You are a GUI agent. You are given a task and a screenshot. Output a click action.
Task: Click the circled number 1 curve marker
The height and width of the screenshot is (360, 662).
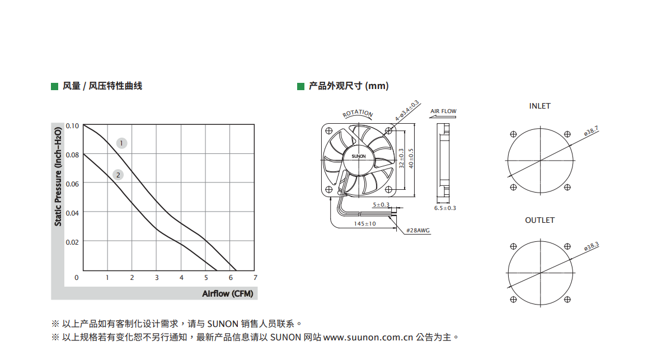coord(121,143)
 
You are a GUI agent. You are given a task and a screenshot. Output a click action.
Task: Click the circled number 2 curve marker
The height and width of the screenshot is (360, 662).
coord(118,175)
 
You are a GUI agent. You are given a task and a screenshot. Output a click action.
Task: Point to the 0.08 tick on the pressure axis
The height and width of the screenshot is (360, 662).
coord(72,155)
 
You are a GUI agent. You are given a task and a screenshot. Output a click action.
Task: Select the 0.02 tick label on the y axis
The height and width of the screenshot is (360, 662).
coord(72,242)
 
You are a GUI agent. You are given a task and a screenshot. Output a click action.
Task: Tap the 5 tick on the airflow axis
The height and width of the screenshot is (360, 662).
coord(206,278)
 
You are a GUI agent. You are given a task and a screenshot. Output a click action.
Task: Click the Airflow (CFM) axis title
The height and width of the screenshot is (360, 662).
coord(228,294)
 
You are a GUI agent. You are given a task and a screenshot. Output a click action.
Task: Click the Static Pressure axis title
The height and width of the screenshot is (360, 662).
coord(58,176)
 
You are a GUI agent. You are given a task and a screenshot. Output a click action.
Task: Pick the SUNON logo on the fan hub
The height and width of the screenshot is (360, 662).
coord(359,156)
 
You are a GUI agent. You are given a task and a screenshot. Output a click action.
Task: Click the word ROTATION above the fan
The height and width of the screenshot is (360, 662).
coord(358,113)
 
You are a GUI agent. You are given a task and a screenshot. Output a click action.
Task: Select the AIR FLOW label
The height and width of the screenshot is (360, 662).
coord(443,111)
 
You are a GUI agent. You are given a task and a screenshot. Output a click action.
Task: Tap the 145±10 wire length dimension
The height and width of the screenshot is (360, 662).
coord(365,223)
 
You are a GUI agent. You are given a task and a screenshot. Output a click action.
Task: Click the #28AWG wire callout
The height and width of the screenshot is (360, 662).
coord(418,230)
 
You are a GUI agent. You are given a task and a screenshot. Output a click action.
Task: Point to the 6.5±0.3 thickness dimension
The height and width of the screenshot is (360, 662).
coord(445,208)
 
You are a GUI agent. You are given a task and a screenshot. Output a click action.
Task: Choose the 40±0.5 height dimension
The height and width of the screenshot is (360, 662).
coord(411,158)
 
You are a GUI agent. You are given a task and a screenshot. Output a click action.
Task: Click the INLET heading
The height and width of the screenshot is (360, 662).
coord(540,106)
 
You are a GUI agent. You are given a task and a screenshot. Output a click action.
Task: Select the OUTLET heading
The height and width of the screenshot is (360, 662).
coord(540,220)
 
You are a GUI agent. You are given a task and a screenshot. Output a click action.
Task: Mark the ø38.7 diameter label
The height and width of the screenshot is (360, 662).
coord(591,131)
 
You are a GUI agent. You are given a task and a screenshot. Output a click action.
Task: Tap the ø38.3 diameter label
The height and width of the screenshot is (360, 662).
coord(591,246)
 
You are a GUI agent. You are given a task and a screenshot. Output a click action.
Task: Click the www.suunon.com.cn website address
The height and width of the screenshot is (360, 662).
coord(368,337)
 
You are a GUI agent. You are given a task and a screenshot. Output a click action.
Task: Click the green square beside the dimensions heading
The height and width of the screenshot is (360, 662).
coord(301,87)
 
